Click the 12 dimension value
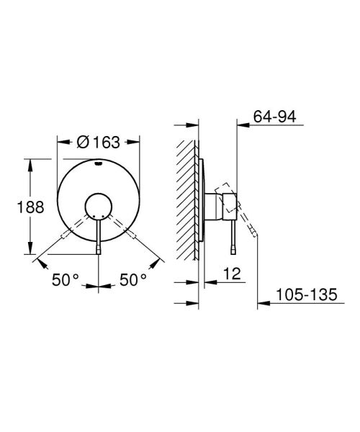point(231,274)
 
